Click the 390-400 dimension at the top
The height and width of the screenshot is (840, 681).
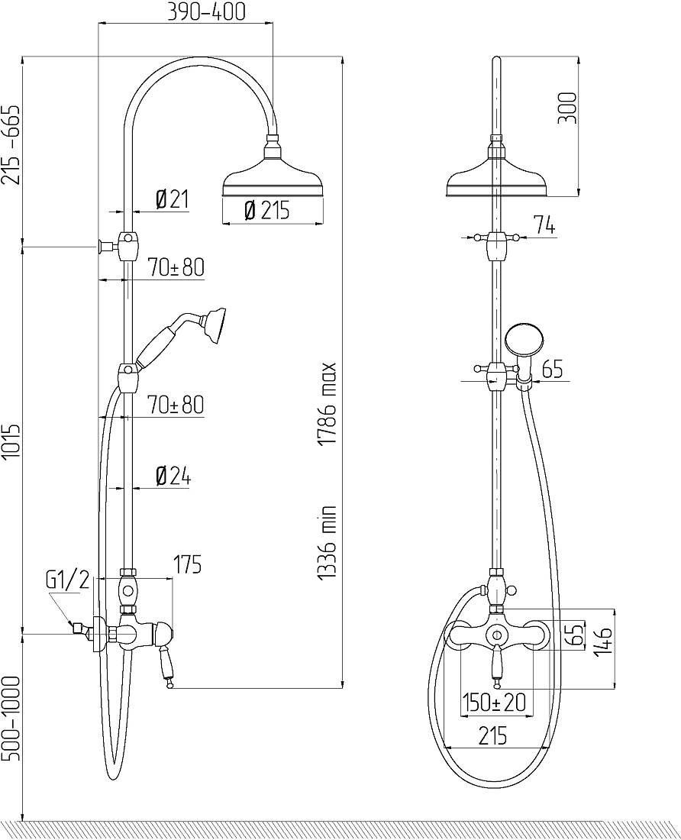click(207, 11)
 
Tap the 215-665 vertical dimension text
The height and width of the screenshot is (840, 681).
click(11, 144)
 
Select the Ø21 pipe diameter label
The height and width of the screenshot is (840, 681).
click(172, 199)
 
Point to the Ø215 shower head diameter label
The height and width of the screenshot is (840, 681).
click(266, 211)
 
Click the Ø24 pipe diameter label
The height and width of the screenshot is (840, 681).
click(173, 477)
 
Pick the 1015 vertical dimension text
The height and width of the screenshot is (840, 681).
click(11, 443)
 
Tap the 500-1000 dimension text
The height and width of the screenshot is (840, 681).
click(11, 719)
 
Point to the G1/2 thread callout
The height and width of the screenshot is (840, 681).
click(67, 580)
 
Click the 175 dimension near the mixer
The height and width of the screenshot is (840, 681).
click(187, 564)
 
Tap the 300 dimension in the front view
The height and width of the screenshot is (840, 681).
click(567, 108)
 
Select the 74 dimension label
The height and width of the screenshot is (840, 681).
click(544, 225)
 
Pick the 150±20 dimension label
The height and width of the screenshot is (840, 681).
click(495, 702)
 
